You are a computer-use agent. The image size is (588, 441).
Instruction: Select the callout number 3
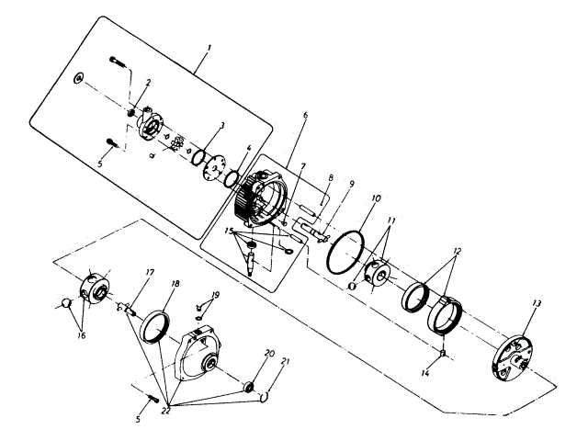pos(220,126)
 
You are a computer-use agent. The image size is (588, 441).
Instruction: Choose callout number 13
pos(537,303)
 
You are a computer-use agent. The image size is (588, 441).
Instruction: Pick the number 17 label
pos(148,272)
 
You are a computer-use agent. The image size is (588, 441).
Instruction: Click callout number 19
pos(215,295)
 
